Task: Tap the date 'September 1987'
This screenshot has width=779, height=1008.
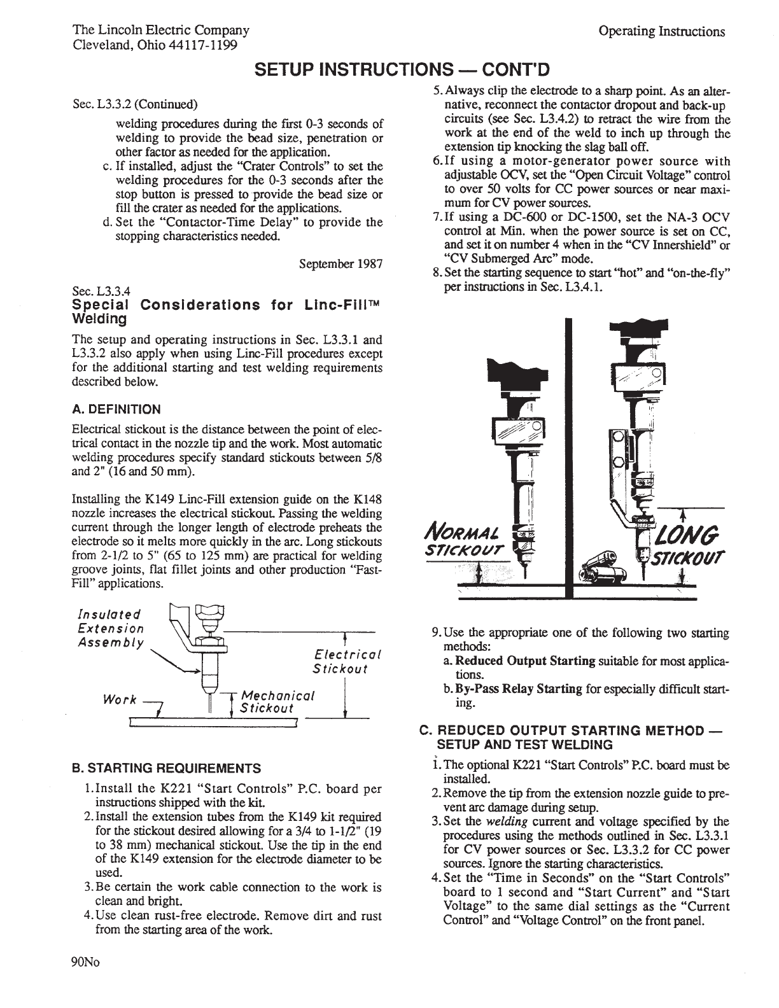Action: click(340, 263)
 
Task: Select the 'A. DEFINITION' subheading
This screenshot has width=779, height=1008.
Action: click(116, 409)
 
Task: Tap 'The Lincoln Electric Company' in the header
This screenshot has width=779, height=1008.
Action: click(161, 30)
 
